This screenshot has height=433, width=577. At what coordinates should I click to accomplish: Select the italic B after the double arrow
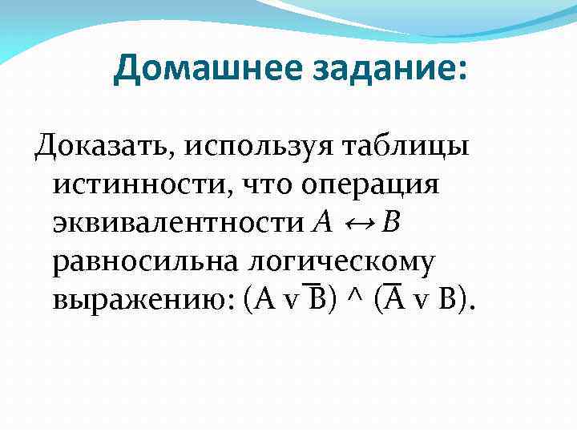[391, 222]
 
